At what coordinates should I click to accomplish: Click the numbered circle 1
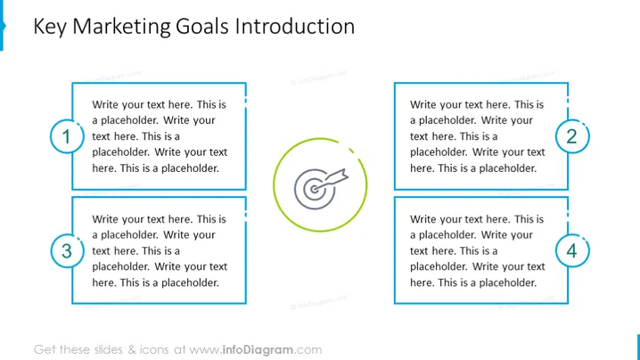(x=67, y=136)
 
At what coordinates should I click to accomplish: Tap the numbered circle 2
(x=572, y=136)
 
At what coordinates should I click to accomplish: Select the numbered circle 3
(x=67, y=250)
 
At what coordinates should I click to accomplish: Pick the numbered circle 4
(x=572, y=250)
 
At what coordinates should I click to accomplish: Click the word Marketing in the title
(x=121, y=27)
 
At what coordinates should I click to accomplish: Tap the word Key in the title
(x=50, y=28)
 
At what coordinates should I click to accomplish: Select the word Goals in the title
(x=202, y=27)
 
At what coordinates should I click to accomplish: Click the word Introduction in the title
(x=295, y=27)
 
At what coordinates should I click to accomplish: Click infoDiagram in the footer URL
(x=258, y=350)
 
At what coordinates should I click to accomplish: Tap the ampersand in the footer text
(x=132, y=350)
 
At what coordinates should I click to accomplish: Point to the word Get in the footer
(x=45, y=350)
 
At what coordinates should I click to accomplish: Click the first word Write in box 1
(x=105, y=104)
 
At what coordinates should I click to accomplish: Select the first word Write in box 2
(x=423, y=104)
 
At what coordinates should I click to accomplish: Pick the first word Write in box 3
(x=105, y=219)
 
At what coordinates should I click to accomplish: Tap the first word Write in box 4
(x=423, y=219)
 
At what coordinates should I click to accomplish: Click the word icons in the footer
(x=154, y=350)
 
